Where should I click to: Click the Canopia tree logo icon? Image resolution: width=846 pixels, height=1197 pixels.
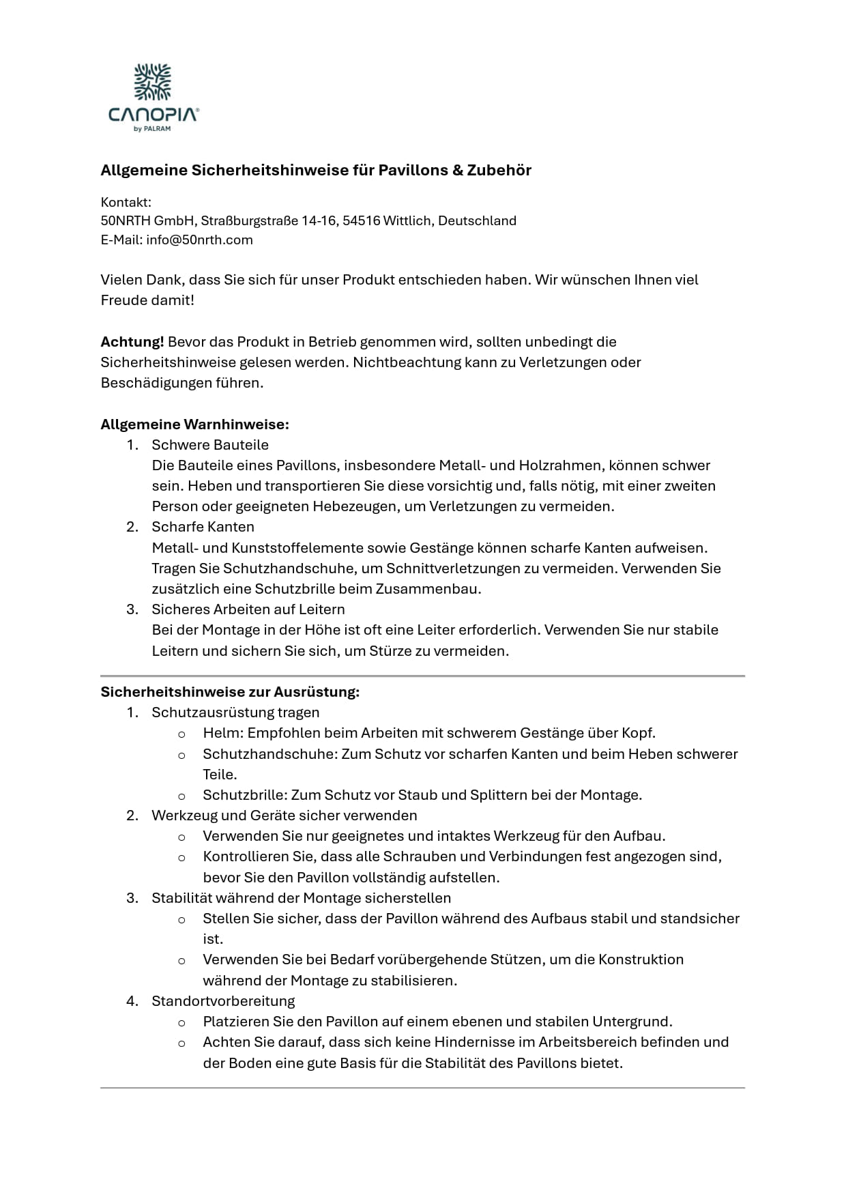point(153,82)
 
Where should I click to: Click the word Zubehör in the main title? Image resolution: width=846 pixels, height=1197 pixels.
point(499,171)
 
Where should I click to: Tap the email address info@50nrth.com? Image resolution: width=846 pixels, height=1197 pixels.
point(199,240)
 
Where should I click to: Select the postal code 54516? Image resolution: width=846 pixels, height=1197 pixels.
point(361,221)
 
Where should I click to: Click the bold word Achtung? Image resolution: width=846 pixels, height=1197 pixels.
point(132,342)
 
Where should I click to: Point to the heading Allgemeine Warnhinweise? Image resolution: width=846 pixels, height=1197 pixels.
point(194,424)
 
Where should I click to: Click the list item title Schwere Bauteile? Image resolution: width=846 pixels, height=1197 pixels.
point(210,445)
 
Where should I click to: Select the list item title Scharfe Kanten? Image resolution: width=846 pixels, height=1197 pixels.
point(203,527)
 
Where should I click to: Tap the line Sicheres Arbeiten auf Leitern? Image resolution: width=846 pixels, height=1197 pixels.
point(248,609)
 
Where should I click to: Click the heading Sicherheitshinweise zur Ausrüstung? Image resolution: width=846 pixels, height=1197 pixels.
point(230,692)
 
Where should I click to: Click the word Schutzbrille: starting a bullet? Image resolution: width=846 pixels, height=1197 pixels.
point(244,795)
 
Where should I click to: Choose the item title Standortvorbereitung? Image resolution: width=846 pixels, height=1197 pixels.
point(223,1001)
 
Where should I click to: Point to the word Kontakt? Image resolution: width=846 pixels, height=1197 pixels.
point(126,202)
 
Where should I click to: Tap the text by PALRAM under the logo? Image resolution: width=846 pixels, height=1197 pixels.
point(153,128)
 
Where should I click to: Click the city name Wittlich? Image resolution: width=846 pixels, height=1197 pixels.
point(407,221)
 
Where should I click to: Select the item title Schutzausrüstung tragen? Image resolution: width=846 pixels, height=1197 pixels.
point(235,712)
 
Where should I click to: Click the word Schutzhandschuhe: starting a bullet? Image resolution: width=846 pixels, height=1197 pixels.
point(269,754)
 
